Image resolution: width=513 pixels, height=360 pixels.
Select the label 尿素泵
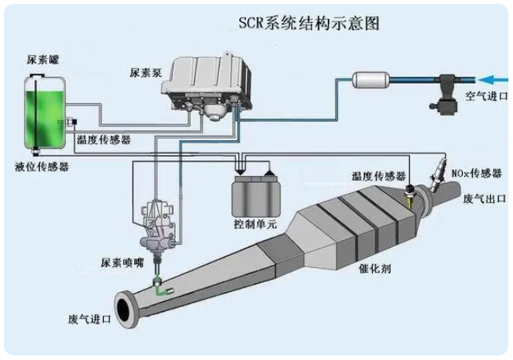[x=145, y=73]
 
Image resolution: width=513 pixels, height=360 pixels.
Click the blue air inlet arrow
[x=492, y=78]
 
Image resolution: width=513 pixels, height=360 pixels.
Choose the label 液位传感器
[x=37, y=165]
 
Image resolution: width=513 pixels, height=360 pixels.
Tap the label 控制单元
[x=255, y=225]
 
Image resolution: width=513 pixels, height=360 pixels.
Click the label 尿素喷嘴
[x=122, y=262]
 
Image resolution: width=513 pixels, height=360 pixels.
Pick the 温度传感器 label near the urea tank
[x=103, y=140]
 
